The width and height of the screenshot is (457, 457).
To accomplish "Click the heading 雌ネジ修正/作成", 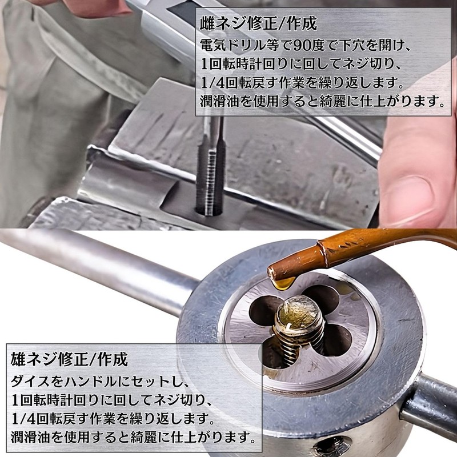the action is (x=258, y=24).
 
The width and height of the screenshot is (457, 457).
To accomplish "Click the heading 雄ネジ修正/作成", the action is (x=69, y=359).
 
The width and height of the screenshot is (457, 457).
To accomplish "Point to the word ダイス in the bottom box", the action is (x=30, y=382).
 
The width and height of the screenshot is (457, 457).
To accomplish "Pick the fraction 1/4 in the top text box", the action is (x=213, y=83).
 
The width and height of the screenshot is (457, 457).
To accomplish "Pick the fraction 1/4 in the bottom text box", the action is (x=23, y=419).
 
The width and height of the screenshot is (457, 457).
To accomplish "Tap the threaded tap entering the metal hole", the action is (x=210, y=169).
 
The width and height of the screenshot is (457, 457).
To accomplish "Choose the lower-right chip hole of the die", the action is (x=336, y=340).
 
